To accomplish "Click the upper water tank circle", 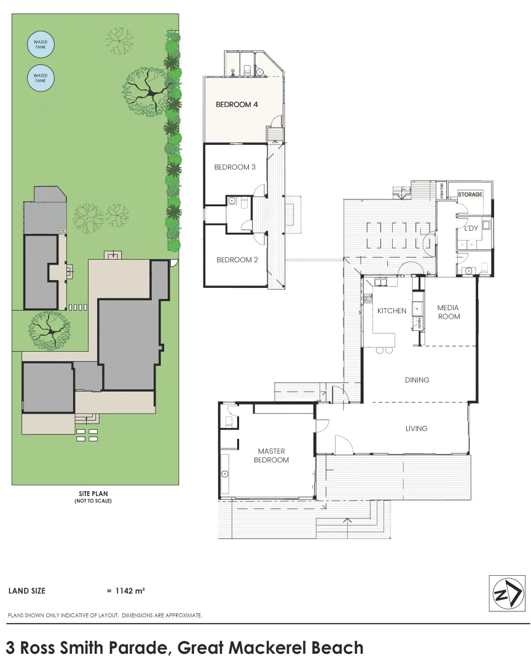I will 41,45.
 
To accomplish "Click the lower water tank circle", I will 41,79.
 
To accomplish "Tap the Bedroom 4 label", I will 237,104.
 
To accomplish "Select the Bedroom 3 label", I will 235,167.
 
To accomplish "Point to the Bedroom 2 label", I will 237,260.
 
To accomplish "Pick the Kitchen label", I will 391,311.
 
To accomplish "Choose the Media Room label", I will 448,312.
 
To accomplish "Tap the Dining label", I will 417,380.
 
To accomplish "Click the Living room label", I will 416,428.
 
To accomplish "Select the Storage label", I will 470,195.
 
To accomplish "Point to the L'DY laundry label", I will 471,228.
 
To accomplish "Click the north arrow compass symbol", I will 507,594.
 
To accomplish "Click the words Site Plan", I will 93,493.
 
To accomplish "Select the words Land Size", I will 26,591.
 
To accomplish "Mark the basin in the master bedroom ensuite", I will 226,474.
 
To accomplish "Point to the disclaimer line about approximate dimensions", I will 105,615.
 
